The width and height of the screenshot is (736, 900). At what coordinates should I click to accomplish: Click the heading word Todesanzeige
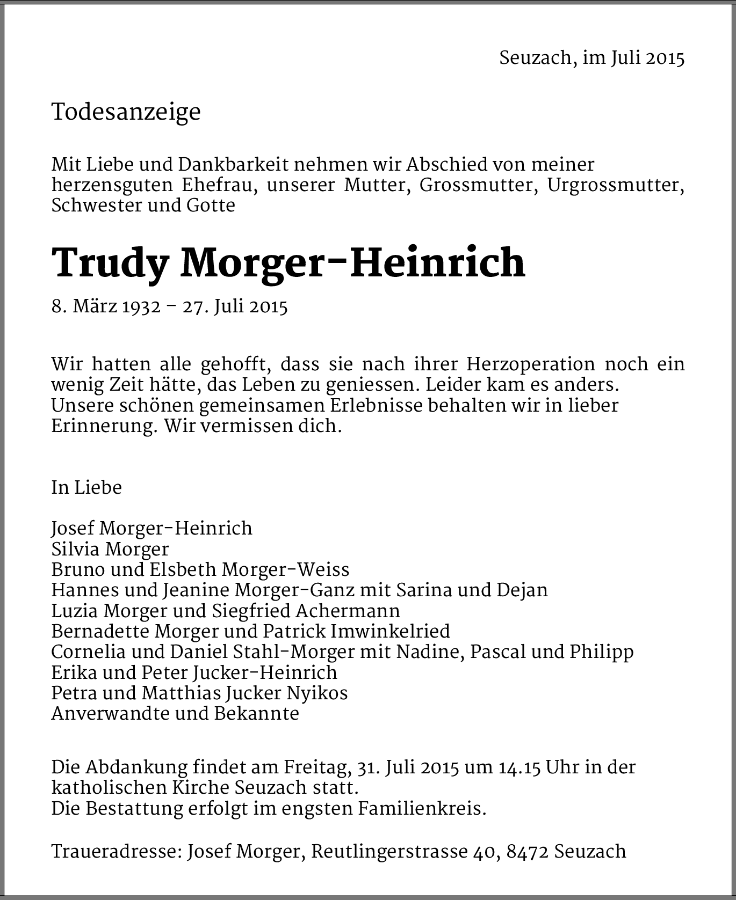coord(126,112)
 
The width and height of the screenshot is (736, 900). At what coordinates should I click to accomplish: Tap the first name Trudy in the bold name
coord(110,263)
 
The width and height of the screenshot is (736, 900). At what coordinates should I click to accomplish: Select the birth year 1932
coord(141,306)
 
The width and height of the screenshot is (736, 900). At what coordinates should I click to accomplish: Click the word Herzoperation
coord(531,364)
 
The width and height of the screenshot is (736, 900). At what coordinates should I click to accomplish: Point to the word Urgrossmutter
coord(616,185)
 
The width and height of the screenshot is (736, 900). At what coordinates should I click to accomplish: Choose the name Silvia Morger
coord(110,549)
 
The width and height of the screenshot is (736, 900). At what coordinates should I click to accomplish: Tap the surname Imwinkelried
coord(390,631)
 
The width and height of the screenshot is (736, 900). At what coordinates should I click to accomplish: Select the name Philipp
coord(602,652)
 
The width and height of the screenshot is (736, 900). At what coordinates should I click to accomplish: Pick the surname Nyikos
coord(318,693)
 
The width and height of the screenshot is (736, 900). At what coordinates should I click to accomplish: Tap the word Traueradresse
coord(116,851)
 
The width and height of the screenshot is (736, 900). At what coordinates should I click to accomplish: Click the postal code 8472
coord(528,851)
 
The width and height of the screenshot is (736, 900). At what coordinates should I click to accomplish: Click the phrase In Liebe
coord(86,487)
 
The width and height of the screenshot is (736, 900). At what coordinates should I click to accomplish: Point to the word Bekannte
coord(256,713)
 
